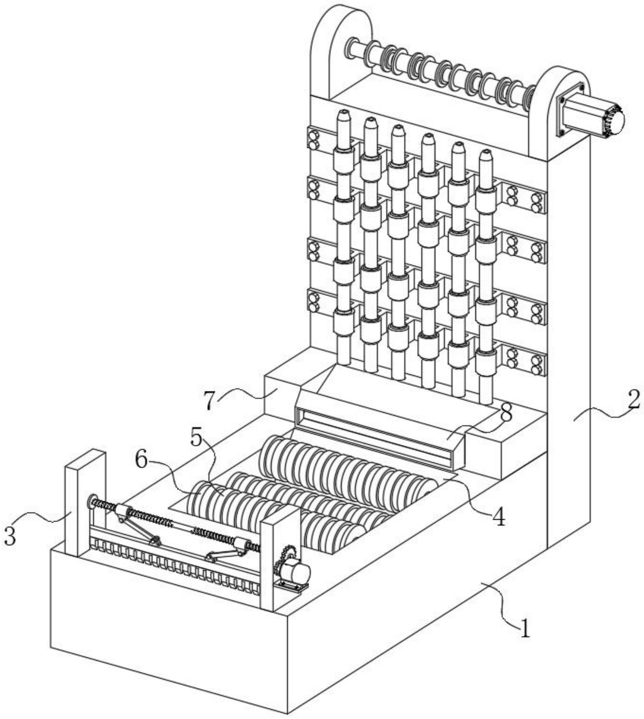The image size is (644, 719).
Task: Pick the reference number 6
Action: click(142, 461)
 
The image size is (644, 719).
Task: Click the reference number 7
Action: click(210, 401)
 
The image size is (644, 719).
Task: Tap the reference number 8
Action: click(506, 413)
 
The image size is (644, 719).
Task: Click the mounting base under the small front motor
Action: click(293, 585)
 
